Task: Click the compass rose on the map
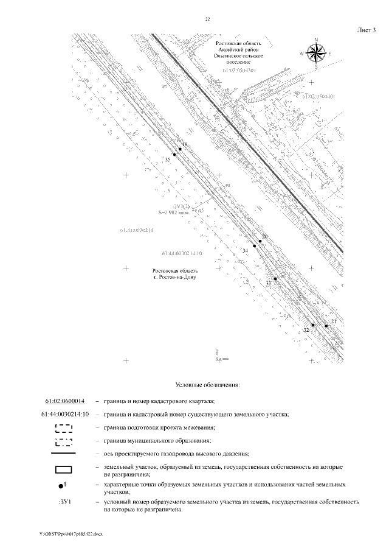tap(316, 53)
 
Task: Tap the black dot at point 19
tap(180, 149)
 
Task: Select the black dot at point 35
tap(174, 155)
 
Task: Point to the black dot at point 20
tap(260, 241)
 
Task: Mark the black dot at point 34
tap(254, 246)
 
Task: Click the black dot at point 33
tap(275, 279)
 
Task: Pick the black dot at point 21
tap(326, 326)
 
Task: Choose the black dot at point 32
tap(313, 325)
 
